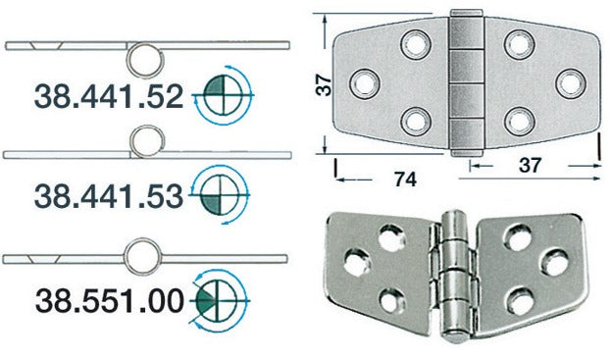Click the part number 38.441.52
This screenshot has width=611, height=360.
pos(109,97)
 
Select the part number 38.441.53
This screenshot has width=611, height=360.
pos(109,196)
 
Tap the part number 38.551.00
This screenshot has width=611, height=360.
pos(110,301)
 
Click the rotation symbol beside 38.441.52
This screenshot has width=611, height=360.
pos(224,95)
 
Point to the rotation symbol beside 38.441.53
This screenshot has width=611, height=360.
pos(220,194)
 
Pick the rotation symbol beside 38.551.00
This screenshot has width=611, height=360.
pos(219,300)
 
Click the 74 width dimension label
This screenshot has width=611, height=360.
pos(405,180)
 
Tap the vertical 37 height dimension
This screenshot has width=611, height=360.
pos(324,85)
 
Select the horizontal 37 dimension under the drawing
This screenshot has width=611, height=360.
pos(530,165)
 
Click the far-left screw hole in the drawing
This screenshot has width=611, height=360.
pos(365,83)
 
